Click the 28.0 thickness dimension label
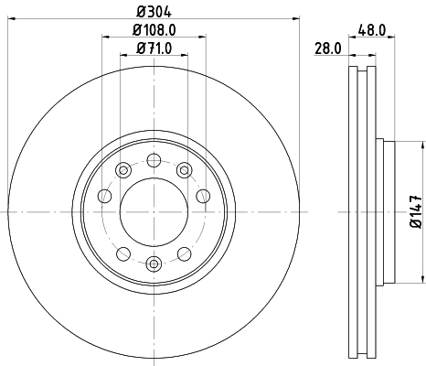point(327,48)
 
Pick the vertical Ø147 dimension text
point(415,211)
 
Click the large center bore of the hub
point(154,212)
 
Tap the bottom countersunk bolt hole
point(154,264)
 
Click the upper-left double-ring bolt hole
point(123,168)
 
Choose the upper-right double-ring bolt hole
point(185,168)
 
